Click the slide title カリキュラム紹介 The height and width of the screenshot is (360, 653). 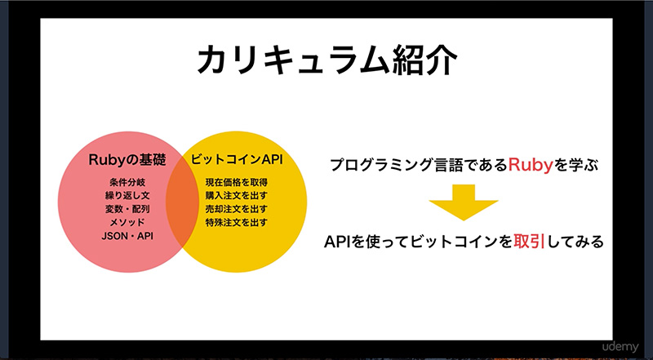[x=327, y=61]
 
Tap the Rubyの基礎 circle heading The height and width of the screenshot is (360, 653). [x=127, y=160]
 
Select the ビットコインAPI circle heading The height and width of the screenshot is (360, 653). [x=237, y=159]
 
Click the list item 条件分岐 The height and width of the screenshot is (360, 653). [x=127, y=182]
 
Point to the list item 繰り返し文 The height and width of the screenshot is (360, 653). [x=127, y=195]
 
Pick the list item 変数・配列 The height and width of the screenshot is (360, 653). [x=127, y=209]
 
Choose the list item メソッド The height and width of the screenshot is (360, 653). [x=127, y=222]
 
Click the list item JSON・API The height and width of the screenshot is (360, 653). [x=127, y=236]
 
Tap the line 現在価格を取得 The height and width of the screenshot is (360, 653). [x=236, y=182]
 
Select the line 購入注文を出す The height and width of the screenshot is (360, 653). [x=236, y=195]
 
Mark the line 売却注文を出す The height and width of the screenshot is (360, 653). [x=236, y=209]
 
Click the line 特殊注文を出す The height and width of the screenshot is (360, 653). [x=236, y=222]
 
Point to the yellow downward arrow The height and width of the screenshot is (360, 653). [x=464, y=202]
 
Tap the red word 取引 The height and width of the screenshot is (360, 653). [x=529, y=242]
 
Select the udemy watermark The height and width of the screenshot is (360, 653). [x=620, y=347]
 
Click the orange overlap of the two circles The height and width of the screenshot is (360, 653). [x=182, y=202]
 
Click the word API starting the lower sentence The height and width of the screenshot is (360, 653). [x=338, y=242]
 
